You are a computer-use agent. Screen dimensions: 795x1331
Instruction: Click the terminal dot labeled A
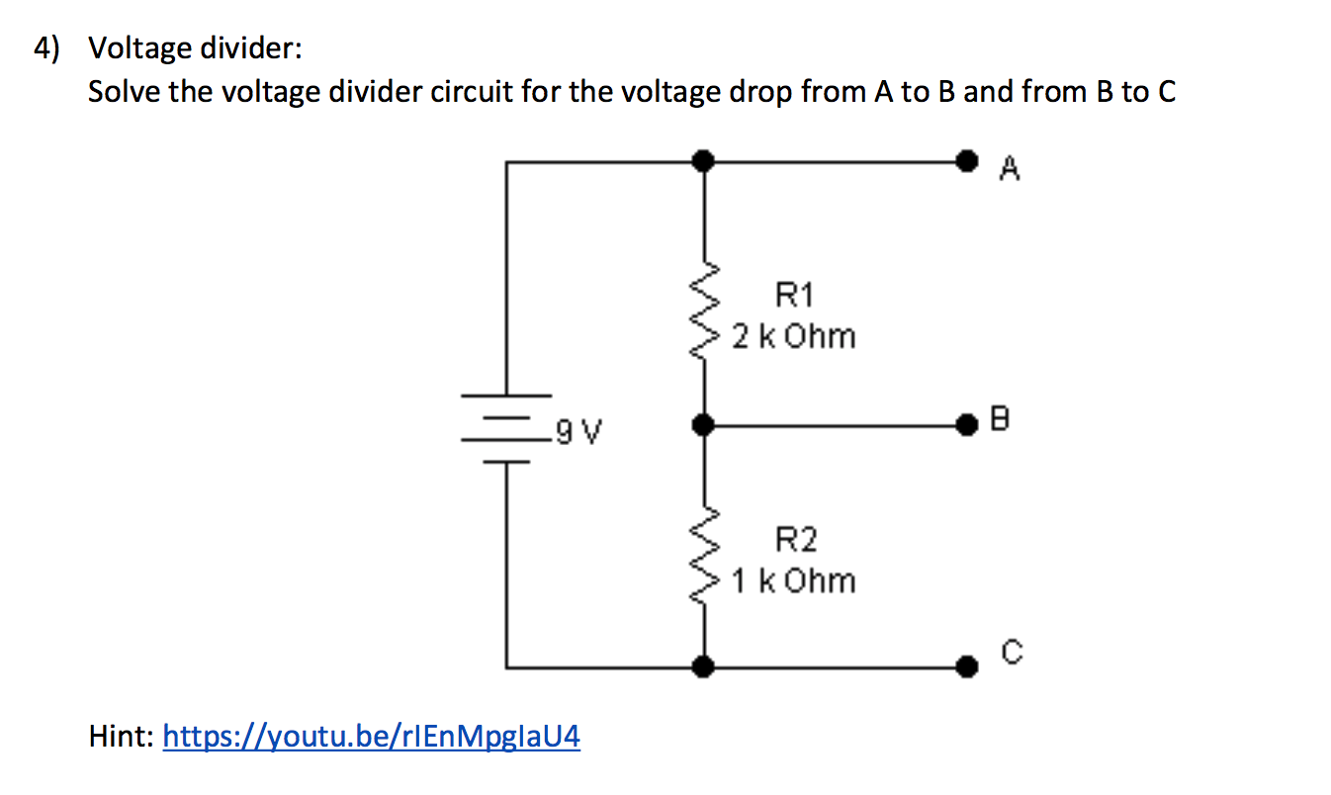[967, 160]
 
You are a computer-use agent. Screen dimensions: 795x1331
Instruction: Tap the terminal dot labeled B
[967, 425]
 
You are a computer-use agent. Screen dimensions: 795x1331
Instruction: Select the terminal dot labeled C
[967, 667]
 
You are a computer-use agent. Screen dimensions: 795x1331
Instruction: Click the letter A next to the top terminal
[1009, 171]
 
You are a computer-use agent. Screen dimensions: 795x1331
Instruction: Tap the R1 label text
[794, 294]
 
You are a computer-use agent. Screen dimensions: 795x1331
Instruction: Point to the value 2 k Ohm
[794, 337]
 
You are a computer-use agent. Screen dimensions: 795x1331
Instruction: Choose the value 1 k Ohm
[794, 580]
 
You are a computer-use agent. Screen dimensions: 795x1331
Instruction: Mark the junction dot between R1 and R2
[703, 425]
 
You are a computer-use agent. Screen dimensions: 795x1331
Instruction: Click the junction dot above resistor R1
[703, 160]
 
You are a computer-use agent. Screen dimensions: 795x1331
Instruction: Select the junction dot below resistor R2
[703, 667]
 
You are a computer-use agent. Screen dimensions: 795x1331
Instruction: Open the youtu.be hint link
[371, 737]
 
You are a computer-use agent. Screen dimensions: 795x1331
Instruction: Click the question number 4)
[44, 47]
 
